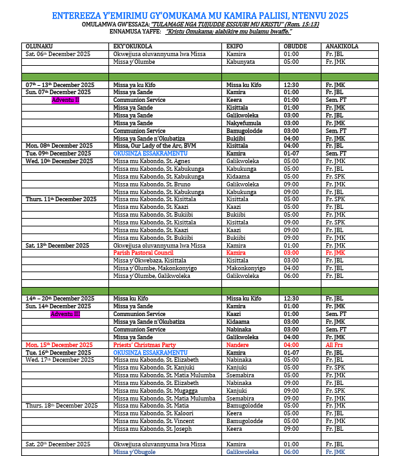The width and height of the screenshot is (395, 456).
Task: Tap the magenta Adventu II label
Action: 65,100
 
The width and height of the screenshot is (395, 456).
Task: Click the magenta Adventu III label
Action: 66,313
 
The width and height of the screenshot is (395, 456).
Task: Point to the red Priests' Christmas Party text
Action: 145,345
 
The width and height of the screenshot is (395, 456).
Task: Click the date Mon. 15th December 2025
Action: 59,345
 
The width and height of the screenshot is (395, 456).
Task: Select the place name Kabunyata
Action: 240,62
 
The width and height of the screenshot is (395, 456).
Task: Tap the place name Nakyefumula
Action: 244,123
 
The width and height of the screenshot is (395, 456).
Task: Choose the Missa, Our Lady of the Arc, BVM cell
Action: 155,146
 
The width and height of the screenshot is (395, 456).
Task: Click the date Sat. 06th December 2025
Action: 58,54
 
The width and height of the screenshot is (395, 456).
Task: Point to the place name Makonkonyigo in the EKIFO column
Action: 246,268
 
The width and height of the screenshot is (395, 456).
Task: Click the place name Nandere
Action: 238,345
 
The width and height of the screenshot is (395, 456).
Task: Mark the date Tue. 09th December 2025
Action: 58,154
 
